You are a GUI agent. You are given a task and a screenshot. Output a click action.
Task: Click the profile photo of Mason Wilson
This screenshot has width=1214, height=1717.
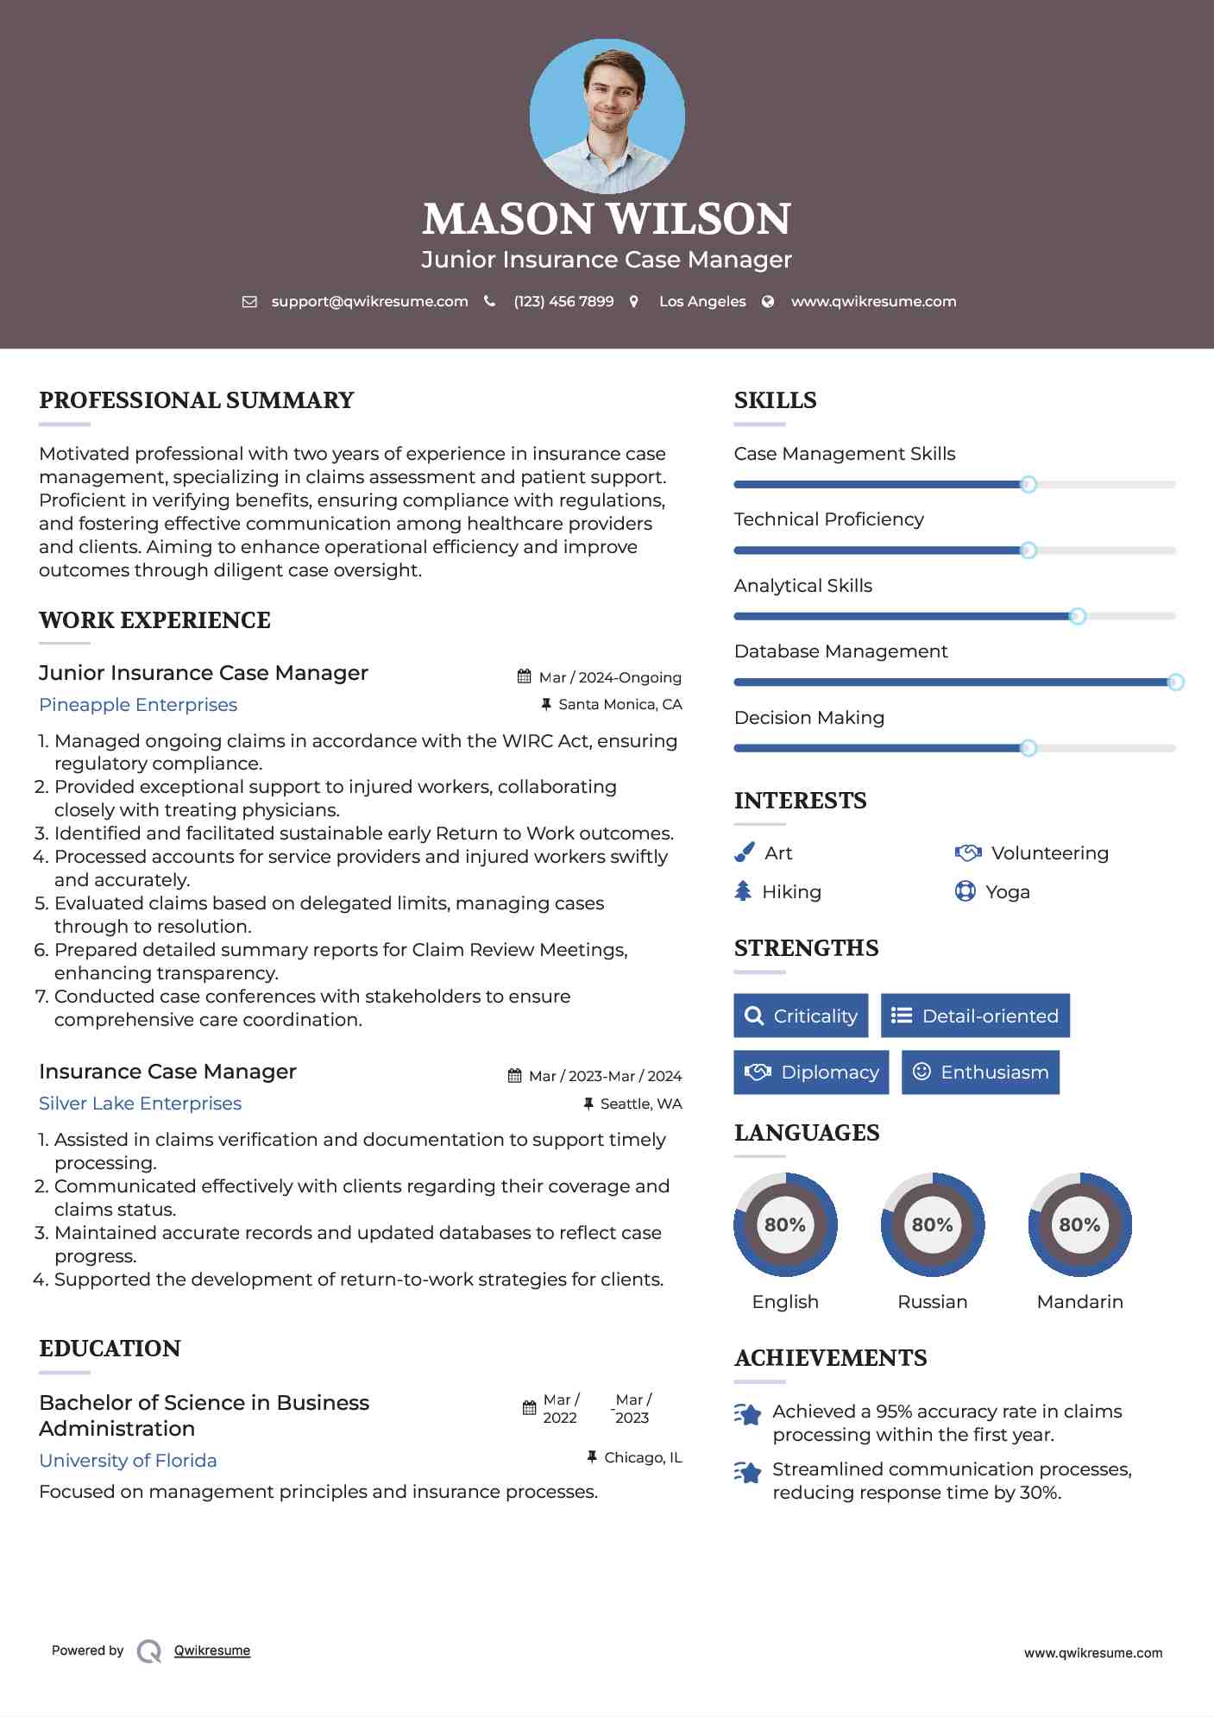pos(607,116)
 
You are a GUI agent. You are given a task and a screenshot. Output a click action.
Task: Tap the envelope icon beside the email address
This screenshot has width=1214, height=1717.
pos(249,302)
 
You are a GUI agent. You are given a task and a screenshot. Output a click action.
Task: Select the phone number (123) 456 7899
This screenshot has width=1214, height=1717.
pos(563,302)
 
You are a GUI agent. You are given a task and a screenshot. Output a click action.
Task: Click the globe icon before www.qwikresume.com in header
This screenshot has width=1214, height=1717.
pos(768,302)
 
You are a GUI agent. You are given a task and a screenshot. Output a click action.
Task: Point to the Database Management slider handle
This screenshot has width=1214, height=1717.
pos(1175,682)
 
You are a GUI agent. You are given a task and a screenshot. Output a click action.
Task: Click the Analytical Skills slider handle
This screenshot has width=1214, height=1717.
pos(1077,616)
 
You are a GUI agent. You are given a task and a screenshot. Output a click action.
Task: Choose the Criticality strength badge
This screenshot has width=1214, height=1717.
pos(801,1016)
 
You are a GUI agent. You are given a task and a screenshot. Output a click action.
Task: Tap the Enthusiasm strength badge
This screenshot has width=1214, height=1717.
pos(980,1072)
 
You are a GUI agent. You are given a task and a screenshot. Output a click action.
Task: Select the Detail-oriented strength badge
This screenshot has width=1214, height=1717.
pos(975,1016)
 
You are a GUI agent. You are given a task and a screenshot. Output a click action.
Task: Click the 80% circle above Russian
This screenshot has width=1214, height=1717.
pos(932,1224)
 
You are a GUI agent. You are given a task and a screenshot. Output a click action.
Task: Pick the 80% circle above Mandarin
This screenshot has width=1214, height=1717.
pos(1079,1224)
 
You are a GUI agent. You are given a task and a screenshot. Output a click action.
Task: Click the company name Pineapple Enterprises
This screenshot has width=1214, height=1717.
pos(138,705)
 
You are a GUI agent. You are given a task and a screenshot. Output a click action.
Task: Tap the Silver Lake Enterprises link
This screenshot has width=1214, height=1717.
pos(140,1104)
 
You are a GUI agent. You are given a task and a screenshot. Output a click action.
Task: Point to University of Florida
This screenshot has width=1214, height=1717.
pos(128,1461)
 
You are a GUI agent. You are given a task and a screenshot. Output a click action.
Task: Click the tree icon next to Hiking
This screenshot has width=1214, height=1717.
pos(743,891)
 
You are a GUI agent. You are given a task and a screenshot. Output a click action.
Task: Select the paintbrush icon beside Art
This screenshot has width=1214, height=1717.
pos(744,852)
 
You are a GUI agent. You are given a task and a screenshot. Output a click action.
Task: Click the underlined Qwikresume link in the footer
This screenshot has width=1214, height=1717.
pos(212,1651)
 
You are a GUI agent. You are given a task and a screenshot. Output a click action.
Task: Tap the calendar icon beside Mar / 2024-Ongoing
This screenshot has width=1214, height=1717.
pos(524,676)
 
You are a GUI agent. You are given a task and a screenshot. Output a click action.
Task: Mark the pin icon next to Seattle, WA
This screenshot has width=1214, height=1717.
pos(588,1104)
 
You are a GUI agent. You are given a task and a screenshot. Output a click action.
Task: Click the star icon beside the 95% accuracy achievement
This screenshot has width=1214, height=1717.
pos(748,1414)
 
